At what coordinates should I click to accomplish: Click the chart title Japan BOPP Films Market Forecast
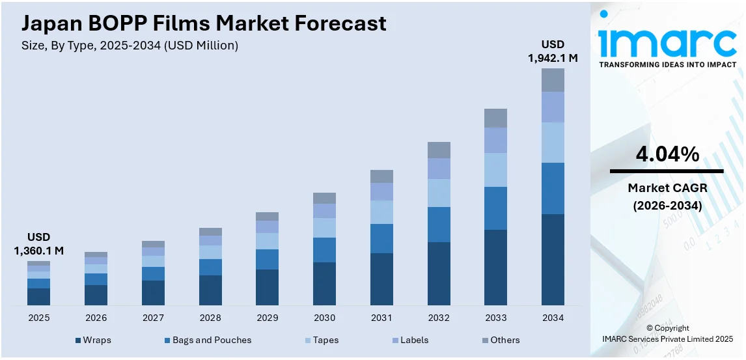tap(204, 23)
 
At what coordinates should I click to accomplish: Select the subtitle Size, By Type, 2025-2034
tap(130, 46)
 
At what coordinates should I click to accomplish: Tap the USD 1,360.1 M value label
tap(38, 243)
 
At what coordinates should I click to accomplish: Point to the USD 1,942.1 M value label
tap(553, 51)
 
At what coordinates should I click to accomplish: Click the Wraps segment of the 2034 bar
tap(553, 259)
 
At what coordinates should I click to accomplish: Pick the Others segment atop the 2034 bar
tap(553, 80)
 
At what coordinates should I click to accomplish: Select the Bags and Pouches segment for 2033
tap(495, 208)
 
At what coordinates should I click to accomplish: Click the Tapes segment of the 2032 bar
tap(439, 193)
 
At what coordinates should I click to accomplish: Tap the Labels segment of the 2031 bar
tap(381, 191)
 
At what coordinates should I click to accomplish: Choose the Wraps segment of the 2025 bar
tap(38, 296)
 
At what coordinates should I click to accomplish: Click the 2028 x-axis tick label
tap(210, 318)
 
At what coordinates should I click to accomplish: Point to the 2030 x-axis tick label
tap(324, 318)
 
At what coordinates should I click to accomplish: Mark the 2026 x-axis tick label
tap(96, 318)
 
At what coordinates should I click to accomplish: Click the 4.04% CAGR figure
tap(667, 154)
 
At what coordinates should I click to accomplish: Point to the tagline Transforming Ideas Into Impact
tap(667, 64)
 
